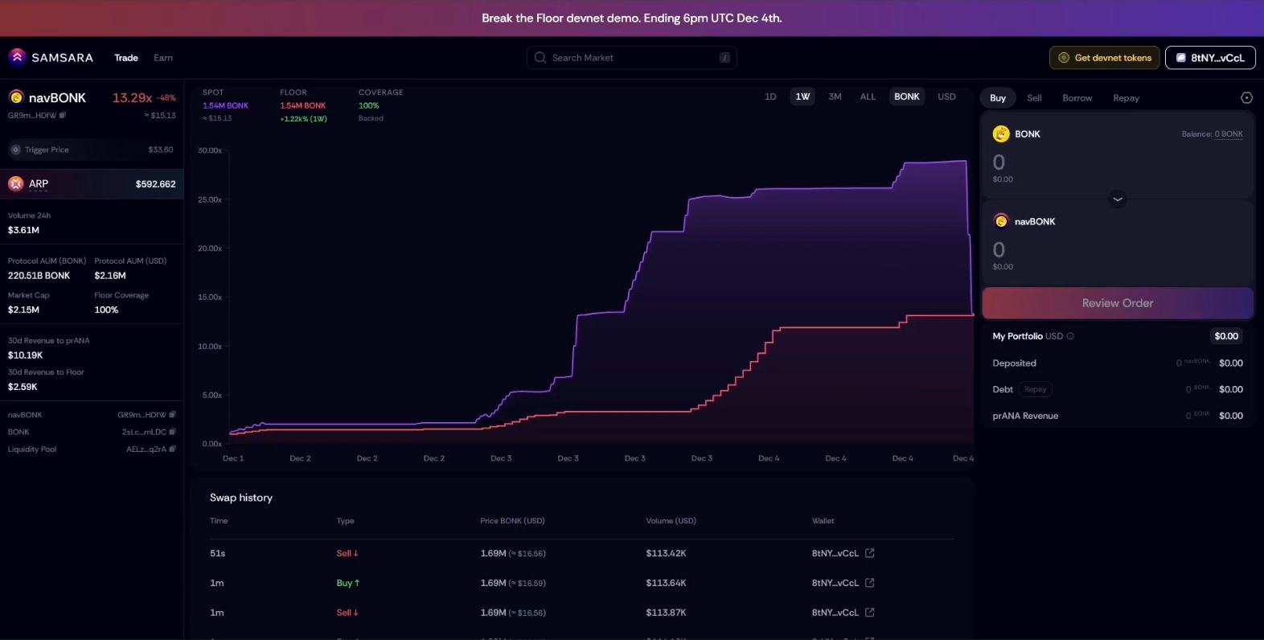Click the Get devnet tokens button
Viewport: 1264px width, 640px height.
point(1104,58)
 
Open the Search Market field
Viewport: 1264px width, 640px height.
point(631,58)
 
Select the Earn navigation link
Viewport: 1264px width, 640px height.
point(163,58)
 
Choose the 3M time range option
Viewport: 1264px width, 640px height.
point(835,96)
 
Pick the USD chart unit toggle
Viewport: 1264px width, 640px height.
point(946,96)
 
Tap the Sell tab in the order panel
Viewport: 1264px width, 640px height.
point(1034,98)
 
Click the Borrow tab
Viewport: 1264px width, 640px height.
point(1077,98)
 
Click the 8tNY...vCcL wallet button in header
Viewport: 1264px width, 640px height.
point(1210,58)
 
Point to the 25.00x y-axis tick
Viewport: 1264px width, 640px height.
point(210,199)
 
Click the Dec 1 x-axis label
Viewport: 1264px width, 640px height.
point(233,458)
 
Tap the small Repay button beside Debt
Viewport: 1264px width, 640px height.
point(1035,389)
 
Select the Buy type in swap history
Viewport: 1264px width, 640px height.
point(347,583)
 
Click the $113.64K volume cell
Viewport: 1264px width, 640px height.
point(666,583)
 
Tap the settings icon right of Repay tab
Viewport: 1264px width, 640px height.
point(1246,98)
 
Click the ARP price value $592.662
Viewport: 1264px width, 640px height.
point(155,184)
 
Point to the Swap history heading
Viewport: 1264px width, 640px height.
point(241,498)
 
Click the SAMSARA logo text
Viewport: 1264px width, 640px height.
point(62,58)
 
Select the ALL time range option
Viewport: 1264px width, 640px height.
point(868,96)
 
